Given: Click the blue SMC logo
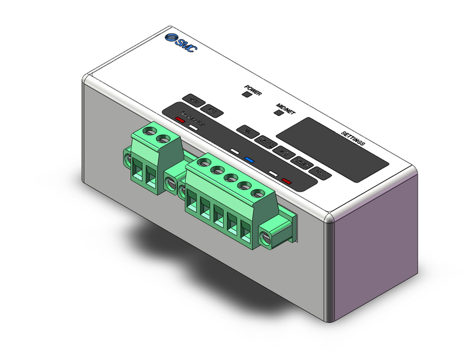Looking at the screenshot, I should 181,43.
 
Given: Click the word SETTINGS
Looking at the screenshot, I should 353,139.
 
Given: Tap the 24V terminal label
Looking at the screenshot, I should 192,99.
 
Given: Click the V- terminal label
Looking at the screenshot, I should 247,131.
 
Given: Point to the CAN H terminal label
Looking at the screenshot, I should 302,161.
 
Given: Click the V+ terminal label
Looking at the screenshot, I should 320,172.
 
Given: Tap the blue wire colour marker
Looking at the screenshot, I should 249,159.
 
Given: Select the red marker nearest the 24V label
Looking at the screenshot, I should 180,119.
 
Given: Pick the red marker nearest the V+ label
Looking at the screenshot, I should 286,181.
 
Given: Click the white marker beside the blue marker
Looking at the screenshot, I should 235,152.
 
